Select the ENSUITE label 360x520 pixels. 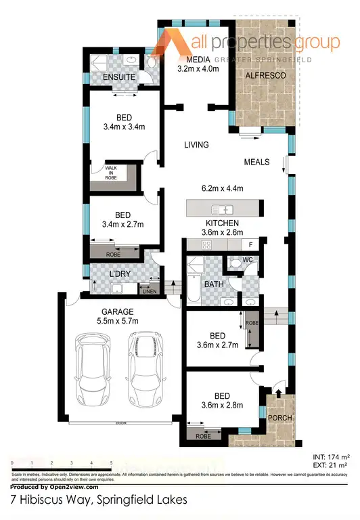pos(120,78)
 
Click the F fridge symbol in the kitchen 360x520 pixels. pos(250,244)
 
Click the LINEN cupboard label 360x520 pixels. pos(148,291)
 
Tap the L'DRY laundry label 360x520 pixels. pos(119,274)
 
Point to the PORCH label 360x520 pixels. pos(280,418)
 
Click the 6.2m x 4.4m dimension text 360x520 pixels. pos(222,188)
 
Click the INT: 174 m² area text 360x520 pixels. pos(328,458)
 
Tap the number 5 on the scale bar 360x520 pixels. pos(111,462)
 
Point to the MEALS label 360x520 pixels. pos(257,162)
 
